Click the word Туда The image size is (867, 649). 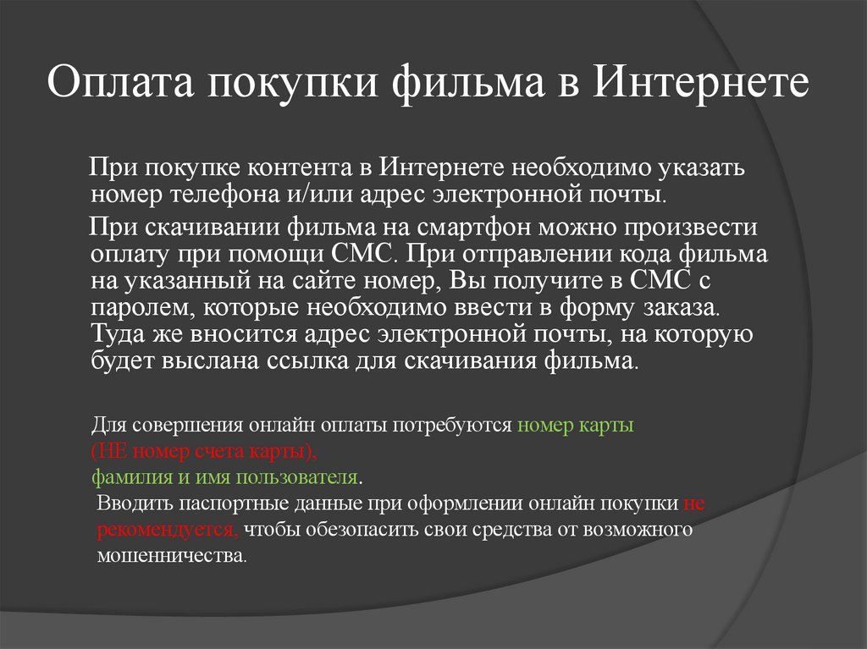pos(116,335)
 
